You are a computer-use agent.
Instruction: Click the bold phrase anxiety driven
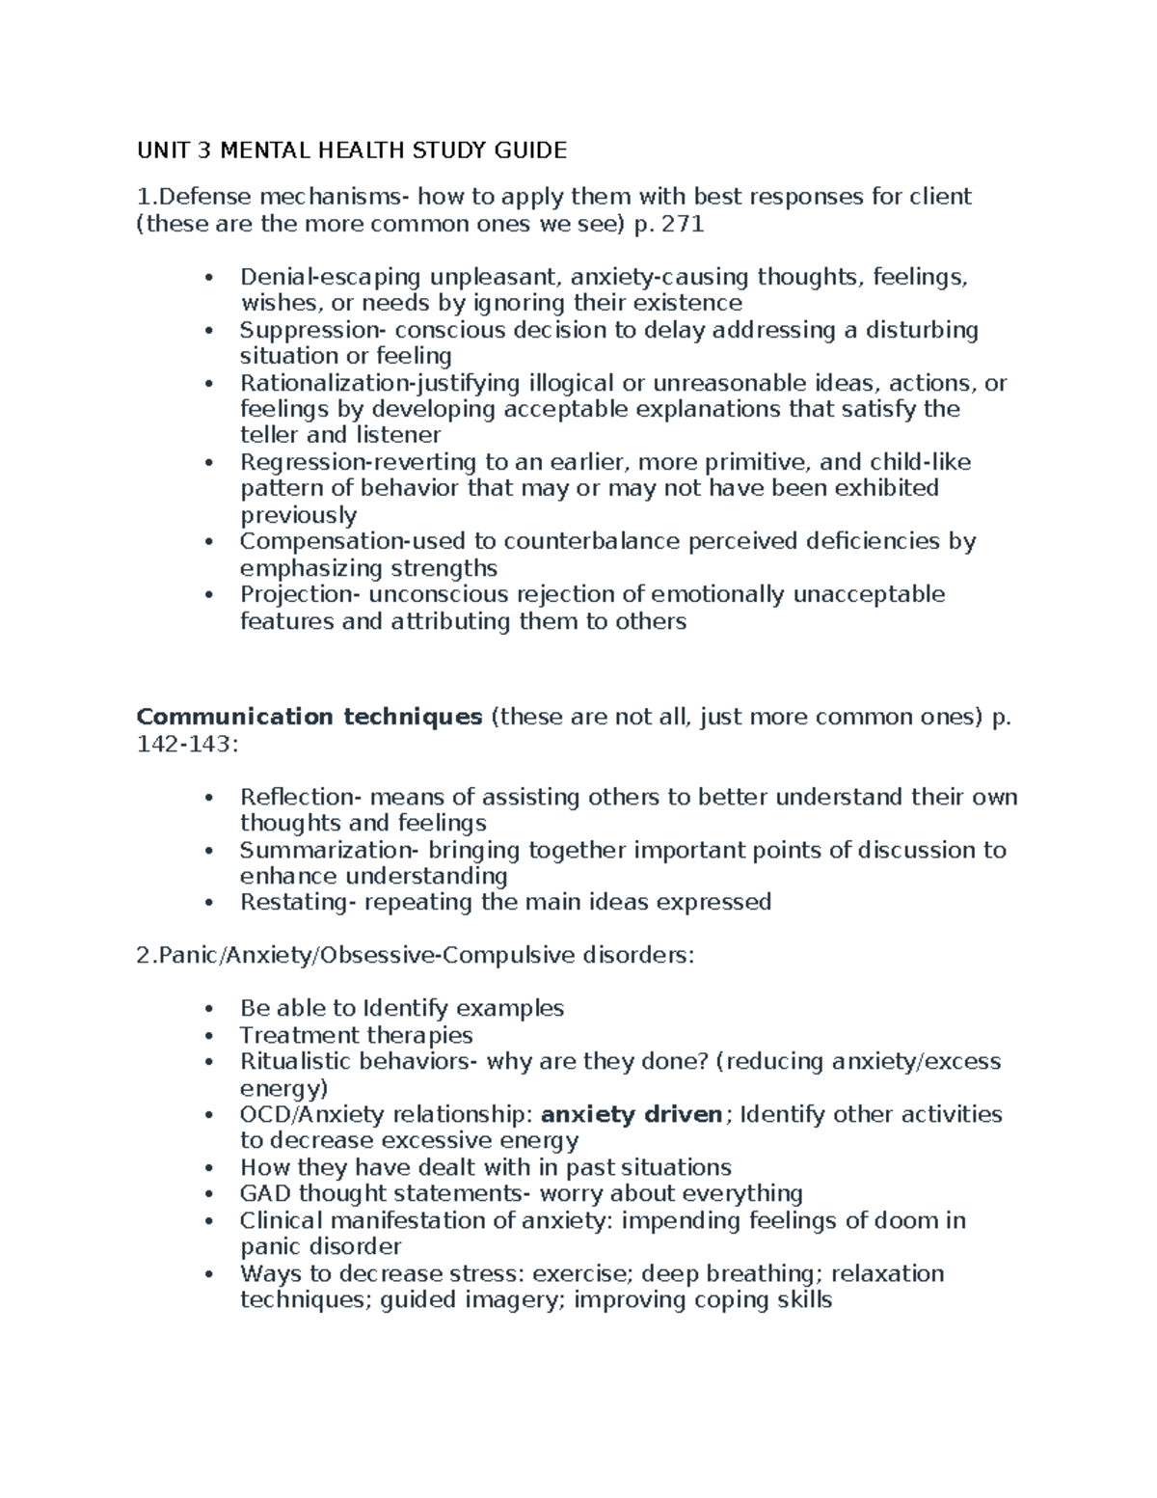[632, 1115]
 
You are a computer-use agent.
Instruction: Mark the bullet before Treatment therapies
[209, 1037]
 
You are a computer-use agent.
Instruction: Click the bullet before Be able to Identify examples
[209, 1010]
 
